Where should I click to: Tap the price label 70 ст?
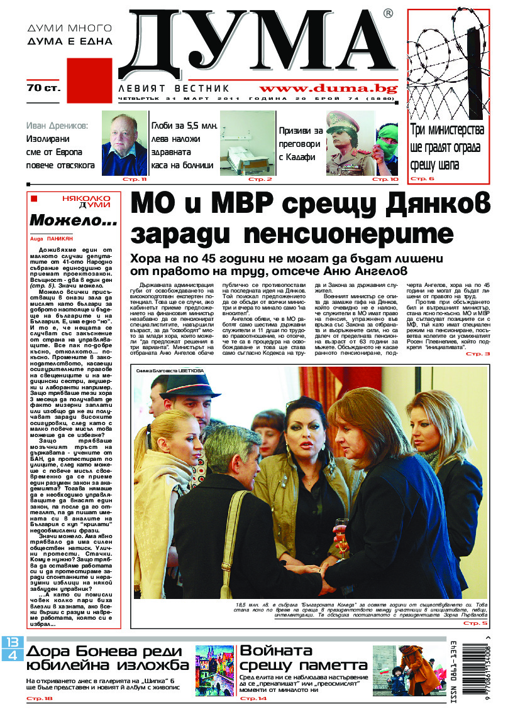point(43,89)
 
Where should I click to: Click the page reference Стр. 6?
point(422,179)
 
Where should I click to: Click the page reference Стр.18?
point(40,698)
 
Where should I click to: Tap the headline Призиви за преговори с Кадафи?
point(301,144)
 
